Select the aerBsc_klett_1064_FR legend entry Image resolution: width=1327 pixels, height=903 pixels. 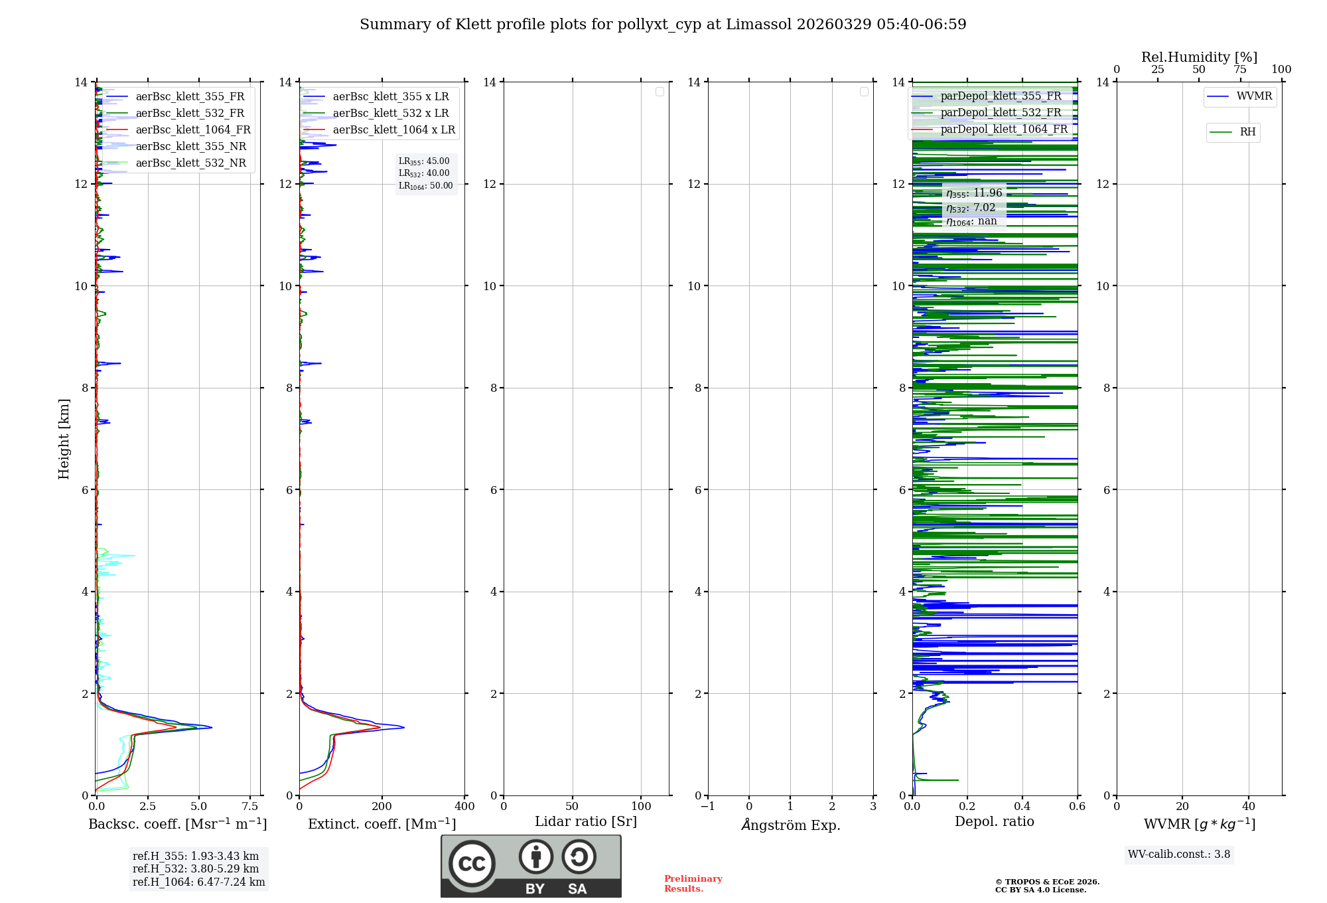click(193, 130)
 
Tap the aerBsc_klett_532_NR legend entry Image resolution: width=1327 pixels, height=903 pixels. click(190, 163)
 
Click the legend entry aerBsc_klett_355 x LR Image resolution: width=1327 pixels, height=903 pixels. click(391, 97)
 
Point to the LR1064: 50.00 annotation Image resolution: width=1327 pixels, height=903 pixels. click(426, 186)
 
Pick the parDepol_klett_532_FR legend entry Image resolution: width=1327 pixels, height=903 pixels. click(1001, 113)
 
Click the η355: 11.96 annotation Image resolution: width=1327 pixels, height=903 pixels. click(974, 193)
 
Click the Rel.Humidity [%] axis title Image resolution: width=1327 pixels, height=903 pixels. click(1199, 57)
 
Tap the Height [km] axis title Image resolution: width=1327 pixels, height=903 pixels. click(64, 439)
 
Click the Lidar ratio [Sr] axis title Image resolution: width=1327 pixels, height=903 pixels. click(586, 822)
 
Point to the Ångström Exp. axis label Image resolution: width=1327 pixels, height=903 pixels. click(791, 825)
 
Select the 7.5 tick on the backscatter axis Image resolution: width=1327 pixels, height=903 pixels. click(250, 807)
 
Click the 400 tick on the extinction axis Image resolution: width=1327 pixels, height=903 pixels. click(464, 807)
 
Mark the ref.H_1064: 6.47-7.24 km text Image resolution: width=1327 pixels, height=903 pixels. click(198, 882)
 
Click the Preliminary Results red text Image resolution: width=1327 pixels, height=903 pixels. click(693, 884)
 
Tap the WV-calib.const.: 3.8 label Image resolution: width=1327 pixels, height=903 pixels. click(1179, 855)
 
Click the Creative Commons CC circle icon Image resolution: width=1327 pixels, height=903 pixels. click(472, 863)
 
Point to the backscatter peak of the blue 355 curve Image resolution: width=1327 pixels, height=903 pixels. click(211, 728)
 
